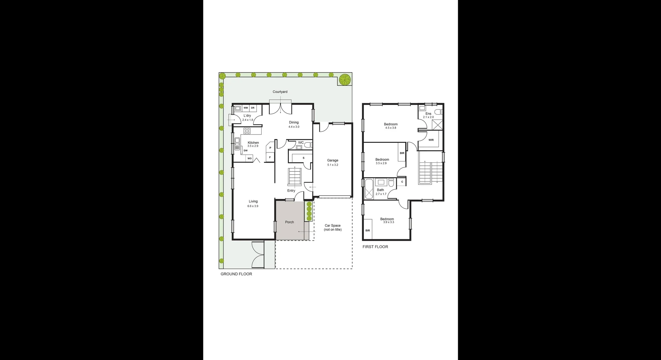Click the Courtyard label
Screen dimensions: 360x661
pos(280,92)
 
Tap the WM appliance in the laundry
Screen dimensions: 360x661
pos(245,108)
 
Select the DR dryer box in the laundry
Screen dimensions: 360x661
pos(253,108)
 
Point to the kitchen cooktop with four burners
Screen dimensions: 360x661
pos(247,131)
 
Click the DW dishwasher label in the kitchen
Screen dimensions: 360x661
pos(245,151)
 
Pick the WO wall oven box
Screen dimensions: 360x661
pos(250,158)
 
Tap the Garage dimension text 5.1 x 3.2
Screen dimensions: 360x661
pos(333,165)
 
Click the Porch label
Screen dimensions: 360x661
pos(290,222)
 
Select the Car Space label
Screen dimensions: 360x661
pos(333,226)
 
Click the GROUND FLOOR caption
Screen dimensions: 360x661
pos(236,274)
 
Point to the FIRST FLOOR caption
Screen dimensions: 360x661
pos(375,247)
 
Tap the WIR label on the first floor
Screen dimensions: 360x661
pos(431,140)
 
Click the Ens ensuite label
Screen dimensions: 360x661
pos(428,114)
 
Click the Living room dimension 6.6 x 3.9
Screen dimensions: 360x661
pos(253,206)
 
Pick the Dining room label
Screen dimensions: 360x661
pos(294,123)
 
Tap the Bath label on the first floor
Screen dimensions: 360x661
pos(380,190)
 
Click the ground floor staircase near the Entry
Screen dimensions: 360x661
pos(295,176)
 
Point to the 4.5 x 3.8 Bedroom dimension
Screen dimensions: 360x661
pos(391,128)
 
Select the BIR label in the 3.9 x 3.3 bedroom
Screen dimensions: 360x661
pos(368,231)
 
